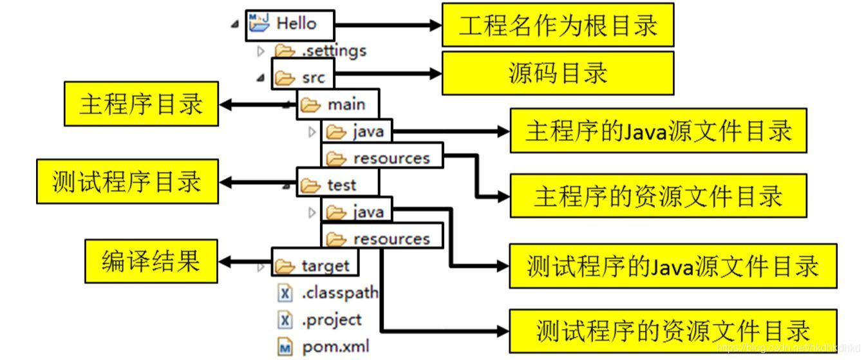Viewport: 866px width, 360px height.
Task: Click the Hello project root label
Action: tap(297, 24)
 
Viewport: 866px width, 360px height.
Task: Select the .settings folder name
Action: tap(334, 51)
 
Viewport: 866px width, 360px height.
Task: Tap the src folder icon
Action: tap(285, 78)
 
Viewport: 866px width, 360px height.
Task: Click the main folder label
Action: tap(346, 104)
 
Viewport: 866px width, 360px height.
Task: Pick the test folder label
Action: tap(341, 185)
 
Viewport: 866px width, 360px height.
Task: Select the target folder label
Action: tap(326, 266)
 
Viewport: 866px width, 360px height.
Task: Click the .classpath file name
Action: tap(340, 293)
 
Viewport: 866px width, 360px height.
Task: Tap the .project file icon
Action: tap(285, 320)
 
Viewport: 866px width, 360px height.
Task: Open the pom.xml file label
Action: tap(336, 346)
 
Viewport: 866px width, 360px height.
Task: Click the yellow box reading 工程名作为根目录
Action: tap(558, 24)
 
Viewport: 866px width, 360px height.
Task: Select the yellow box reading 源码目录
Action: tap(558, 73)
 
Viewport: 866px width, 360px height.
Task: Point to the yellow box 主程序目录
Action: tap(141, 104)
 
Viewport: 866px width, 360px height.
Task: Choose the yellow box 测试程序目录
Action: tap(127, 182)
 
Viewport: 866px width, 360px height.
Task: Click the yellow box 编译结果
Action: tap(151, 261)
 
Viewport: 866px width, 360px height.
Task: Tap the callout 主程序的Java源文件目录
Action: tap(659, 131)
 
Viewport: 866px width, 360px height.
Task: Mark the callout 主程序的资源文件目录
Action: tap(659, 196)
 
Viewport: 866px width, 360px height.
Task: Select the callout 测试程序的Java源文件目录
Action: tap(673, 265)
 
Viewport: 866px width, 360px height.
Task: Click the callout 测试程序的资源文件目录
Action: tap(673, 331)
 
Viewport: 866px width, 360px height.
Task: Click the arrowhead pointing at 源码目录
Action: tap(436, 73)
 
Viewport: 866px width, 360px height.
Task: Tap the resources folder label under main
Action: tap(391, 158)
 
